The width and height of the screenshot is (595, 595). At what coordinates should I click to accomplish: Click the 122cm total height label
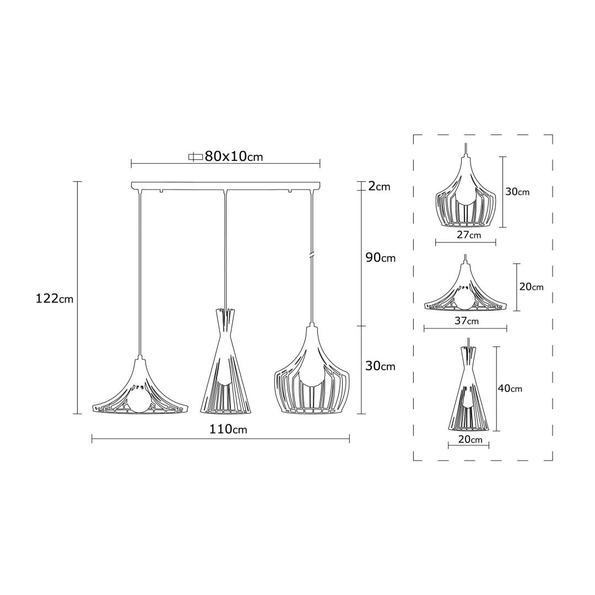(x=54, y=299)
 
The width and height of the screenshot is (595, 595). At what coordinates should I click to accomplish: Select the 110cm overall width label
(x=228, y=429)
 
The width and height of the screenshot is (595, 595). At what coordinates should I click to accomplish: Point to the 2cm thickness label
(x=379, y=186)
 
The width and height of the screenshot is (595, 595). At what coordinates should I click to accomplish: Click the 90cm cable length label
(x=380, y=258)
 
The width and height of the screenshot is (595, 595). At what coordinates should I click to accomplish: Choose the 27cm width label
(x=469, y=235)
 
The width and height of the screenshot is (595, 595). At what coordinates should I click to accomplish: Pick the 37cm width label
(x=467, y=321)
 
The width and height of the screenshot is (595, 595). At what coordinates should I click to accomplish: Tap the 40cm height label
(x=510, y=388)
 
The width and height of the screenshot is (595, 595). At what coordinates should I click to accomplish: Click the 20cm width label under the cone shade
(x=470, y=440)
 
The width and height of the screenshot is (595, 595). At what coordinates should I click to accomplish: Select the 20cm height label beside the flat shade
(x=531, y=287)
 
